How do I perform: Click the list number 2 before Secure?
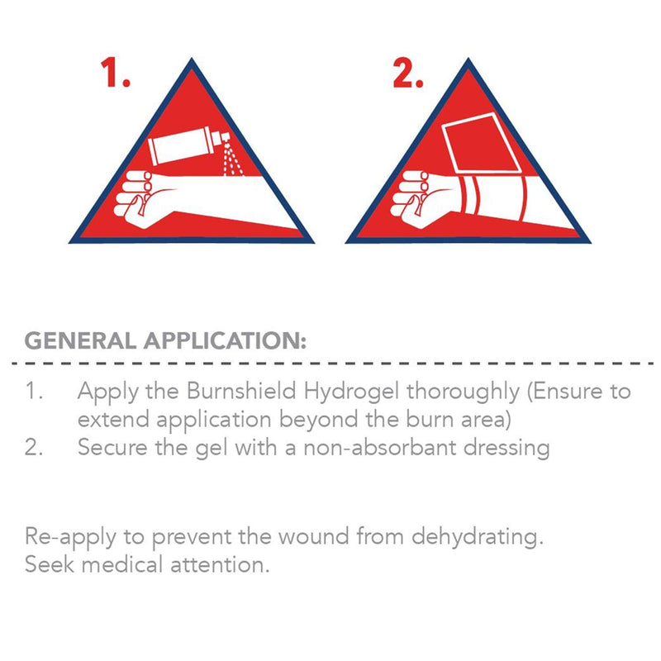point(33,447)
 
